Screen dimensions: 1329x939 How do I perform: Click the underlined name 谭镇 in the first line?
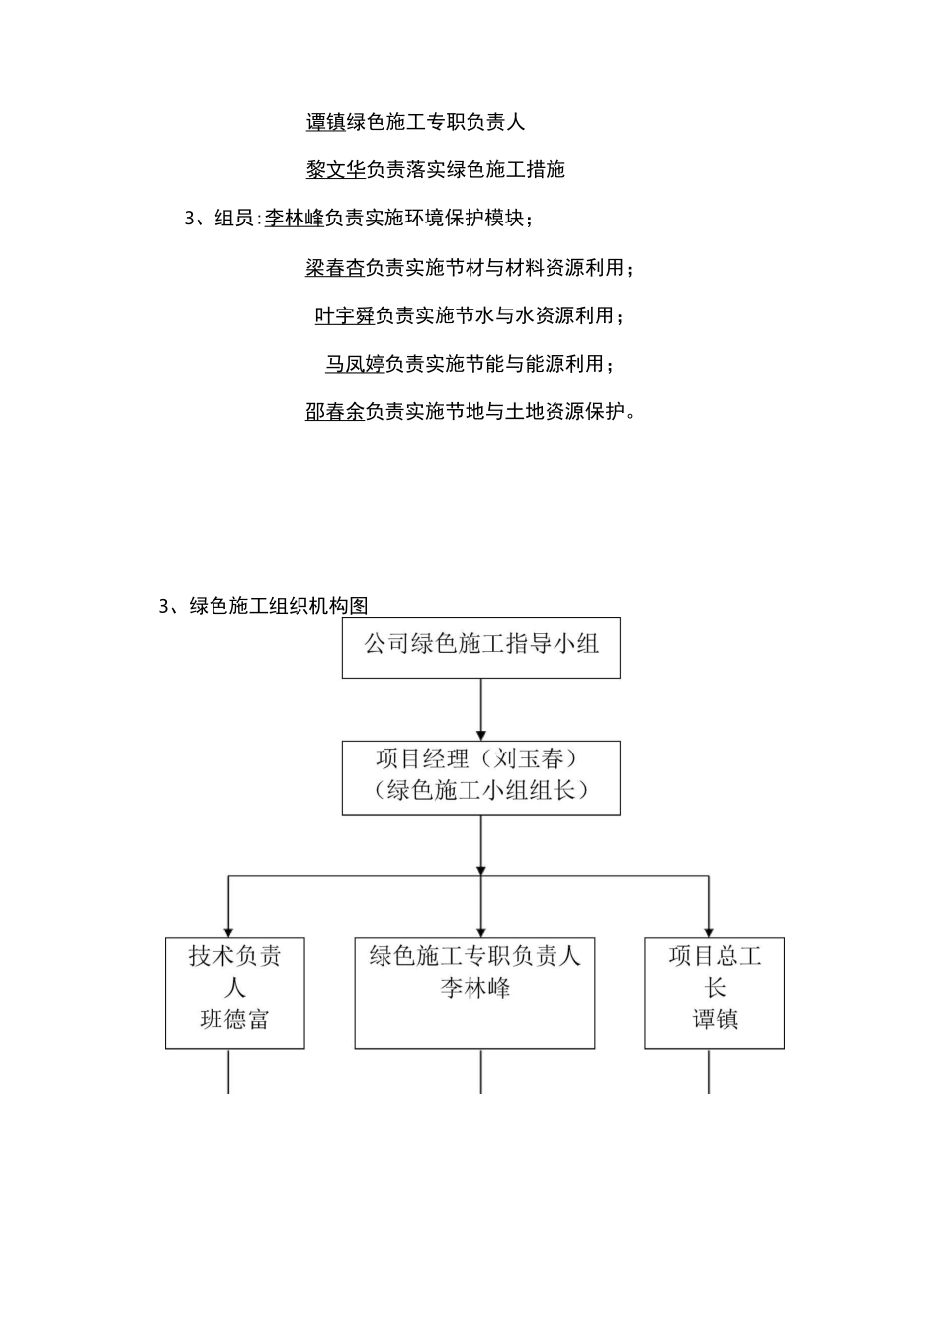coord(325,122)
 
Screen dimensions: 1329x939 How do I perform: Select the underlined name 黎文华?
coord(335,170)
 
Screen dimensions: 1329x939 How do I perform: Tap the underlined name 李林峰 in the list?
coord(295,219)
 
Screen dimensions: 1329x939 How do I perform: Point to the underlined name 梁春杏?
coord(335,267)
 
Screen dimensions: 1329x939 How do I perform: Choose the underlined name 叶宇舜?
coord(345,315)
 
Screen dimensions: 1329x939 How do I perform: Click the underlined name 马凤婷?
coord(355,364)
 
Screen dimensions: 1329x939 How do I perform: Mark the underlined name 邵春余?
coord(335,412)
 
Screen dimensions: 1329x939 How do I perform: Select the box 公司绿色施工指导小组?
coord(481,649)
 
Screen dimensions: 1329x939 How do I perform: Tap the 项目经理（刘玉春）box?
coord(481,777)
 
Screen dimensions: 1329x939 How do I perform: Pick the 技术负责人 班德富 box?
coord(235,993)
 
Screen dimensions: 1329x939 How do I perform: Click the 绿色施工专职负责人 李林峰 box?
coord(475,993)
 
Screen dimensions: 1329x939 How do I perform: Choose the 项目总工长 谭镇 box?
coord(715,993)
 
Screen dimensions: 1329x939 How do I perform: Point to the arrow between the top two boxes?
coord(481,709)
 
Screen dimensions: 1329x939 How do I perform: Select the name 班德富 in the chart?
coord(235,1019)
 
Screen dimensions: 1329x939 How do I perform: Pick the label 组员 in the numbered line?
coord(234,219)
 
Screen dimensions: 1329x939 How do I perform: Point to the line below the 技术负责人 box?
coord(229,1071)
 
